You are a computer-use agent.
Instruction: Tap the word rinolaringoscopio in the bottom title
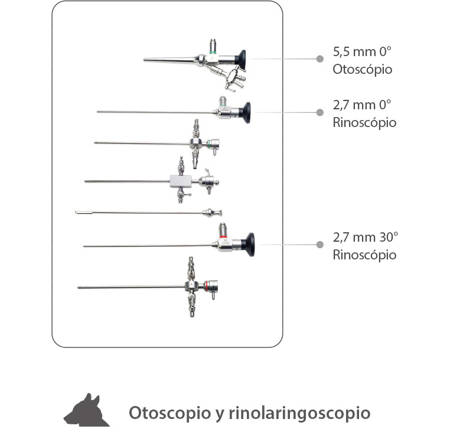coord(299,413)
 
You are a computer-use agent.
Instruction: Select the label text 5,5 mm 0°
coord(362,51)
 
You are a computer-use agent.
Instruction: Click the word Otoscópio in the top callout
coord(363,69)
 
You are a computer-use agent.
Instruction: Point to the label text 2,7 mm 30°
coord(366,237)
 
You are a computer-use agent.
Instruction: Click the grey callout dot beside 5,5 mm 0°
coord(320,59)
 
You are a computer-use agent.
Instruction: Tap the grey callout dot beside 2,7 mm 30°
coord(320,245)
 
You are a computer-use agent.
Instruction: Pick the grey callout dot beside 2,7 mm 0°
coord(320,112)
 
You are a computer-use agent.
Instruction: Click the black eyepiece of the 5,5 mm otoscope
coord(241,60)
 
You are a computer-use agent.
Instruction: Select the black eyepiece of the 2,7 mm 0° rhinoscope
coord(246,113)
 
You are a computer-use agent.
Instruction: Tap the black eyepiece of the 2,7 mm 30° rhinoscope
coord(249,245)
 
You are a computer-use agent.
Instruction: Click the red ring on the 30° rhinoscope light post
coord(223,236)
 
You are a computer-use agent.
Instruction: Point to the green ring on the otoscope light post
coord(213,52)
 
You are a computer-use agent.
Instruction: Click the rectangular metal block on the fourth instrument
coord(181,181)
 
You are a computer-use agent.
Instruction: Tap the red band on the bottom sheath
coord(206,285)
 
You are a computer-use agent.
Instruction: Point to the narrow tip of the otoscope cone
coord(144,60)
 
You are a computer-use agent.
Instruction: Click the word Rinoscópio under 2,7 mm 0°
coord(364,123)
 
